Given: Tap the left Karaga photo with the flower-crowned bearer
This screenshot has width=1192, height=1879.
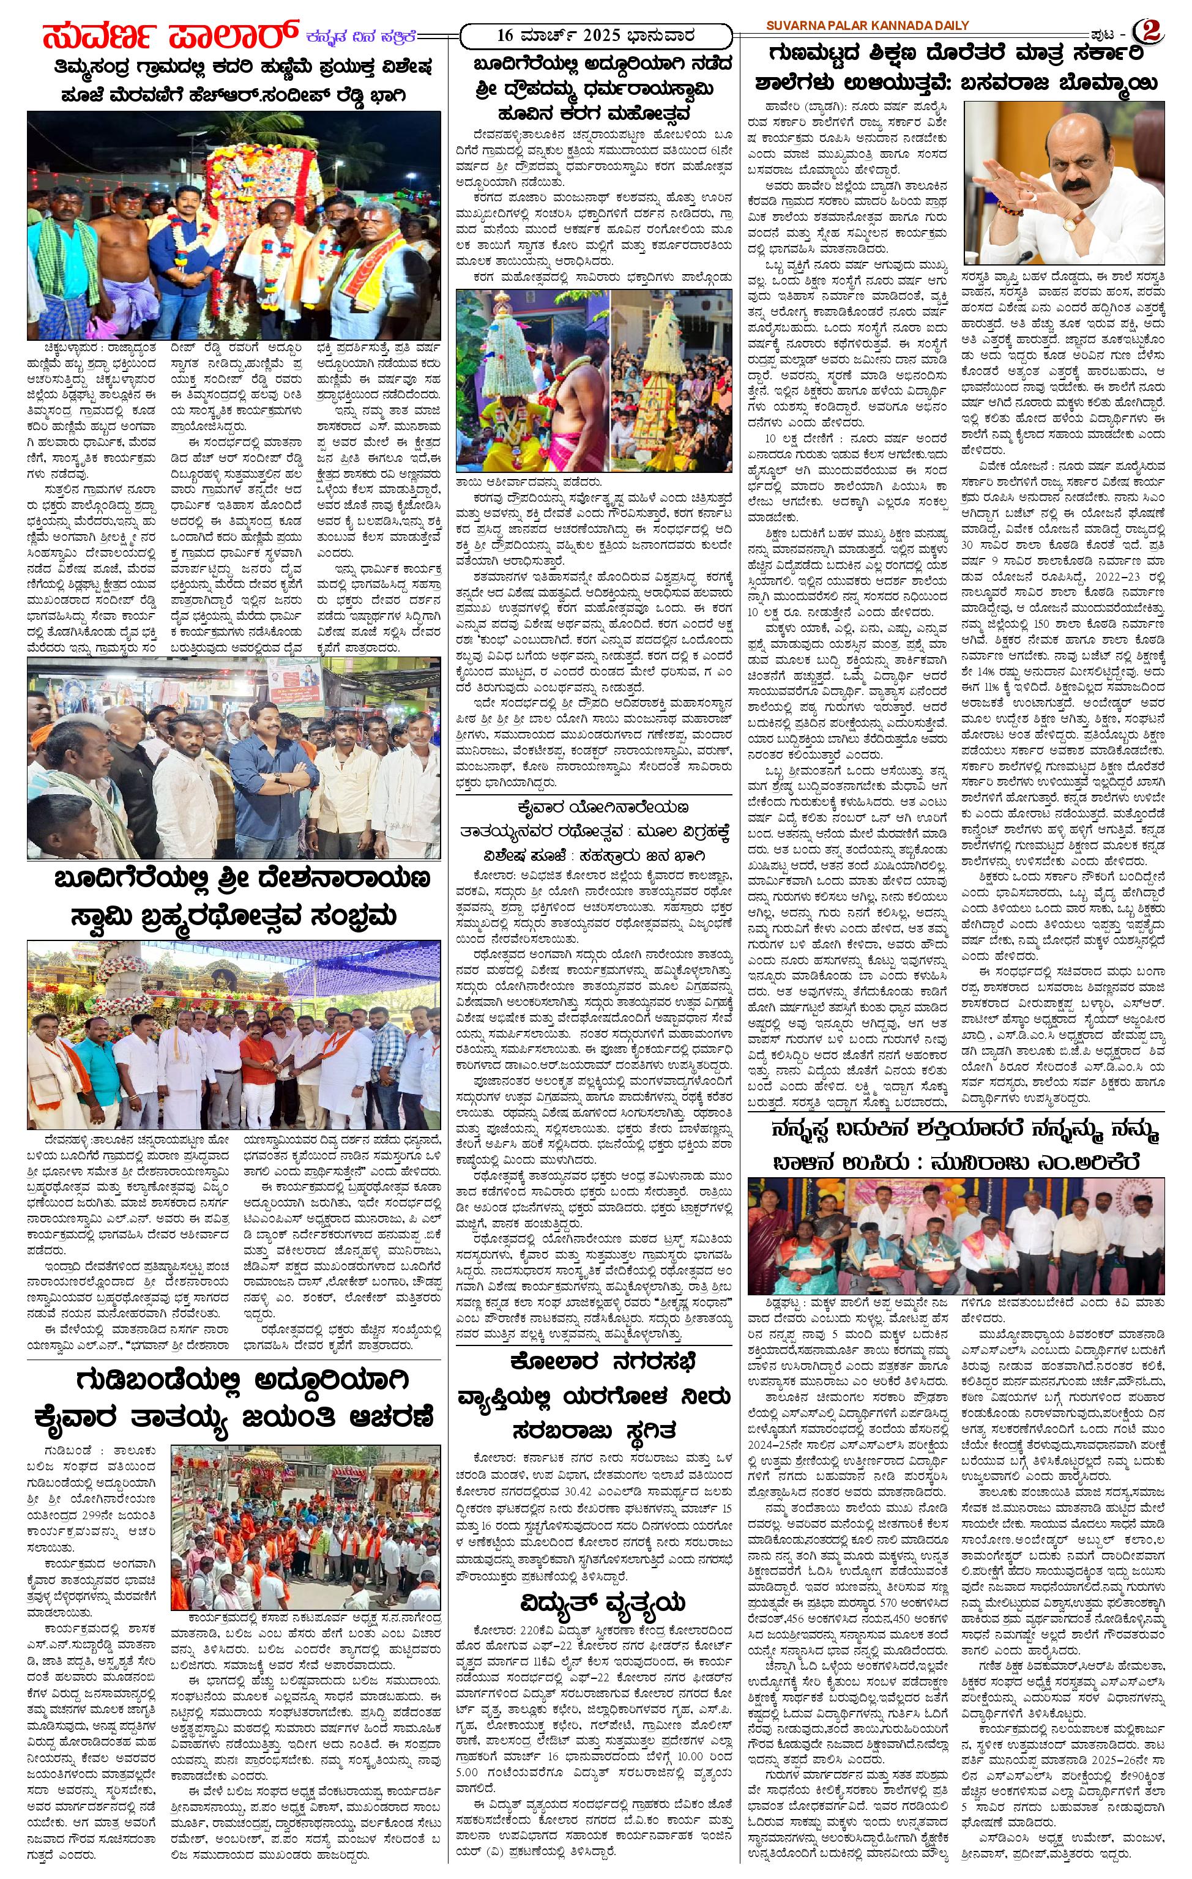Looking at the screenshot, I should (532, 380).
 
